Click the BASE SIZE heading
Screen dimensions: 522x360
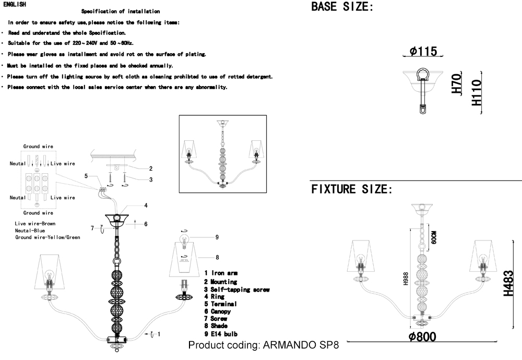tap(342, 7)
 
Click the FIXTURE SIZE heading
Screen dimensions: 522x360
tap(352, 189)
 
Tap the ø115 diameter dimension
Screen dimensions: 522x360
tap(423, 51)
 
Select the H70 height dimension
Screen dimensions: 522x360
tap(457, 83)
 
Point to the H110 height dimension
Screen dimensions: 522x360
tap(477, 92)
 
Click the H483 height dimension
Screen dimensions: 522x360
tap(508, 283)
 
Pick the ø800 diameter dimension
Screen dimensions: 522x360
tap(422, 337)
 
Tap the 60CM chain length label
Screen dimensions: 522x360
tap(433, 237)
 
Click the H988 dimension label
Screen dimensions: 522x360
tap(406, 279)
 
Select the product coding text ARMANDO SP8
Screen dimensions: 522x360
tap(263, 345)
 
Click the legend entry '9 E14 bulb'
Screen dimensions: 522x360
tap(221, 333)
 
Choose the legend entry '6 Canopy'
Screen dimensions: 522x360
tap(217, 311)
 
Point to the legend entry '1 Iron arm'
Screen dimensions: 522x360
tap(221, 273)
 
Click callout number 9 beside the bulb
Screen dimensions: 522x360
tap(217, 237)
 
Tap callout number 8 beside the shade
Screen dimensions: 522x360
tap(217, 257)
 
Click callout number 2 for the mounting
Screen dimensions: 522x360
tap(151, 169)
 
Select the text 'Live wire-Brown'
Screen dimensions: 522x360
tap(35, 224)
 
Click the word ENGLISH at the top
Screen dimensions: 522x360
tap(14, 4)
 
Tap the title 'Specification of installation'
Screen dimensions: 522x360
tap(121, 11)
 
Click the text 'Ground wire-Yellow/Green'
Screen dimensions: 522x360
tap(48, 237)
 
